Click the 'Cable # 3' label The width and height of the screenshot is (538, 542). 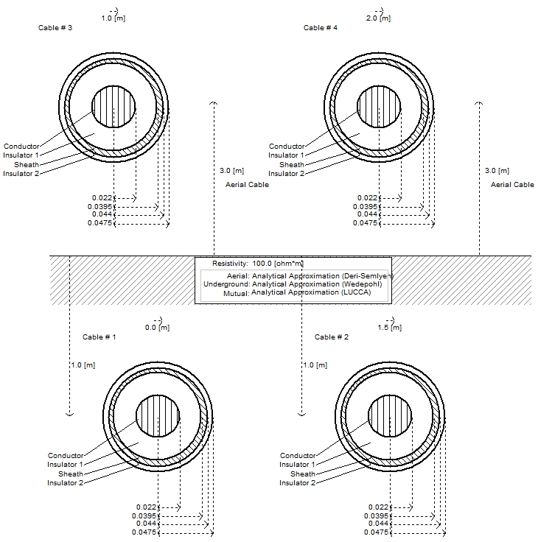coord(55,27)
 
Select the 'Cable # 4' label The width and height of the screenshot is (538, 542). coord(321,27)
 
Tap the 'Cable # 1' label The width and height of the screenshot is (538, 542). coord(99,337)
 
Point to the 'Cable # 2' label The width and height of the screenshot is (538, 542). coord(332,337)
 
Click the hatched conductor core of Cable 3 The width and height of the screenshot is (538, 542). coord(113,106)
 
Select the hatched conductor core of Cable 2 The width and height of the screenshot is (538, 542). coord(390,415)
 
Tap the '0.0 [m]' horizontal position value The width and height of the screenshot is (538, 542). coord(157,328)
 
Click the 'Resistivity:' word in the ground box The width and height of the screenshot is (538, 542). coord(230,263)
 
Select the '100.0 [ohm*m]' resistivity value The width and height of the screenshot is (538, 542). coord(278,263)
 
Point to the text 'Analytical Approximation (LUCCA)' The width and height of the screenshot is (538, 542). coord(310,292)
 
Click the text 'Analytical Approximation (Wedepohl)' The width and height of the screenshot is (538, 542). coord(316,284)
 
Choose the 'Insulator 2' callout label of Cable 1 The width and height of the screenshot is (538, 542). coord(66,483)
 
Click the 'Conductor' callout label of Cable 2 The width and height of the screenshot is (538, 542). coord(298,456)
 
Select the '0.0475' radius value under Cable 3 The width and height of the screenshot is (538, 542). coord(101,222)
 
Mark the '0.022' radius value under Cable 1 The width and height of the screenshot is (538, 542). coord(147,507)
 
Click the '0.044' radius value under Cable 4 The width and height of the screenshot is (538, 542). coord(368,214)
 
